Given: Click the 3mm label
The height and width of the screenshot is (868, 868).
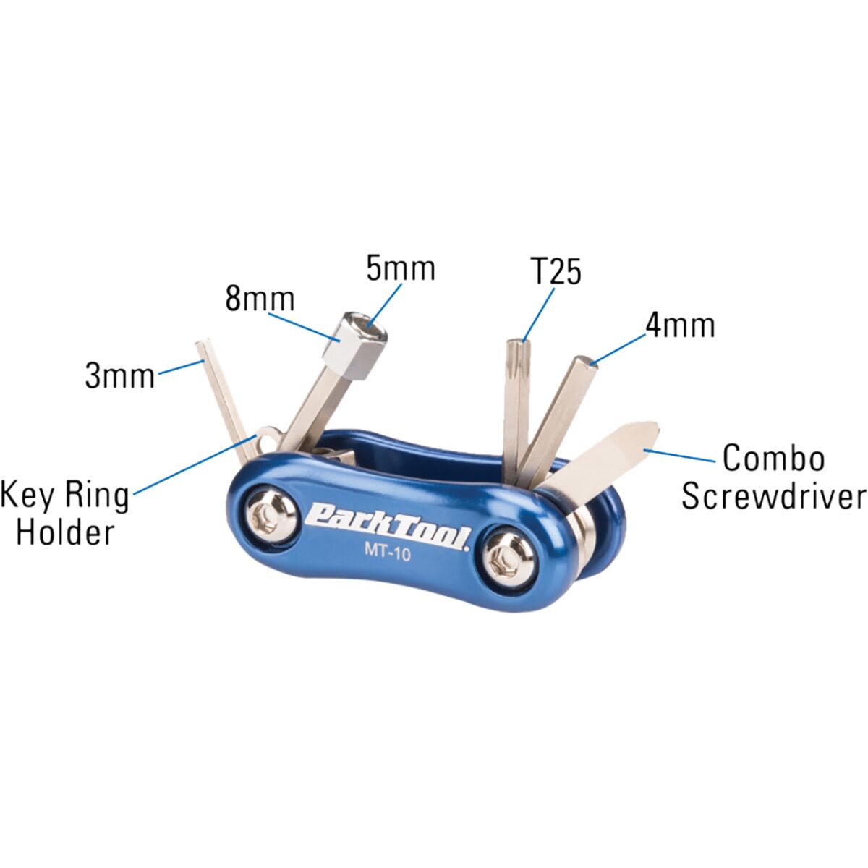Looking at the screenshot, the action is click(120, 376).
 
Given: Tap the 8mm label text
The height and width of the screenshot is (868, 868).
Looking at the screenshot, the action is click(260, 299).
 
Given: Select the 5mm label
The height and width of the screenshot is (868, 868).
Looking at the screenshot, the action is click(401, 268).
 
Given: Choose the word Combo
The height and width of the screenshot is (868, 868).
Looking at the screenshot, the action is click(774, 458).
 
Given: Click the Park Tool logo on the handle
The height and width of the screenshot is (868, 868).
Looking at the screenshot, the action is click(388, 524).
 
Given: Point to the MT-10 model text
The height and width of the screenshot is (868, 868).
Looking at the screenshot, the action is click(388, 553).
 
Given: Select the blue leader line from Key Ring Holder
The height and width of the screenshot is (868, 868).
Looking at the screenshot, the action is click(195, 465).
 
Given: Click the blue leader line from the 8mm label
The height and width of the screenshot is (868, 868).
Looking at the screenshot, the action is click(302, 327).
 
